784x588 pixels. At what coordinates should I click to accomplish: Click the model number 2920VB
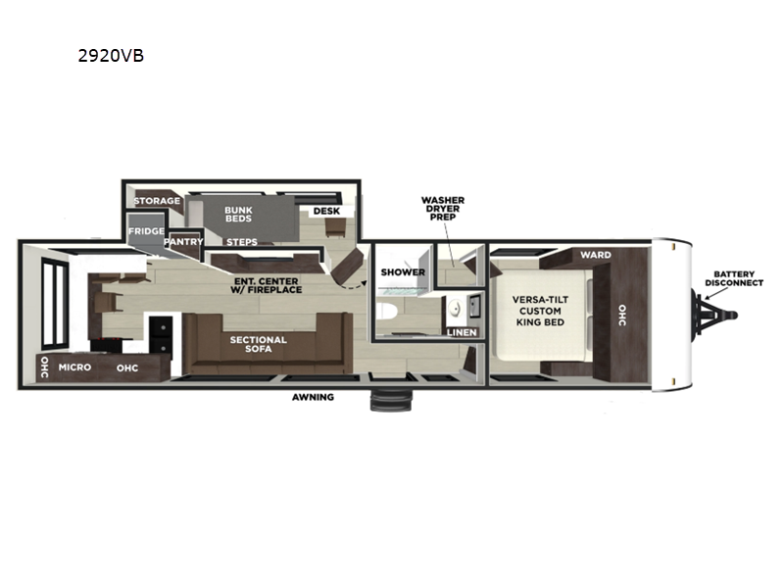111,56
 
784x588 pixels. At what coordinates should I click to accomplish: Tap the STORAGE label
157,201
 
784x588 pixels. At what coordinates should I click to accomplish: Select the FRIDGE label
146,231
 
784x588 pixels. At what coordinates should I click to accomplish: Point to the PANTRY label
183,241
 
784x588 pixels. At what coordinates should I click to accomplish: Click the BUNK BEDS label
238,215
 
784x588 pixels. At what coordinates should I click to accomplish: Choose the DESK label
326,211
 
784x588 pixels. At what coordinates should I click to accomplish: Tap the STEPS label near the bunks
242,242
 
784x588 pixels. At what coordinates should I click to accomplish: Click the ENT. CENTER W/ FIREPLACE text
266,285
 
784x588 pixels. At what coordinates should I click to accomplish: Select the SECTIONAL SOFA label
259,344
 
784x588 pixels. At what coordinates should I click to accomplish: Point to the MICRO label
75,367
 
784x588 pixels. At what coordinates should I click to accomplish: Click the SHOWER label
403,272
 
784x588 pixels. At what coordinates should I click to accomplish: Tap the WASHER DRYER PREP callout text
443,209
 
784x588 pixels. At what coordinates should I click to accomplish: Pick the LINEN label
462,332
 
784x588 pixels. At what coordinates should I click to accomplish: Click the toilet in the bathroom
386,311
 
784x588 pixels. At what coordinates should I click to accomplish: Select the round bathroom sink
455,309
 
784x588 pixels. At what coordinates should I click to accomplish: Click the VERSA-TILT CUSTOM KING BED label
541,311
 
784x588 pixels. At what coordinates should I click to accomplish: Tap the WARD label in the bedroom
596,255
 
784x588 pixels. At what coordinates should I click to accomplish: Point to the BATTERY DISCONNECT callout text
734,278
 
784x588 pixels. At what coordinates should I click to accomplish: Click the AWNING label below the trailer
313,397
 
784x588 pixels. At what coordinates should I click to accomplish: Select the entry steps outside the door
391,399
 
